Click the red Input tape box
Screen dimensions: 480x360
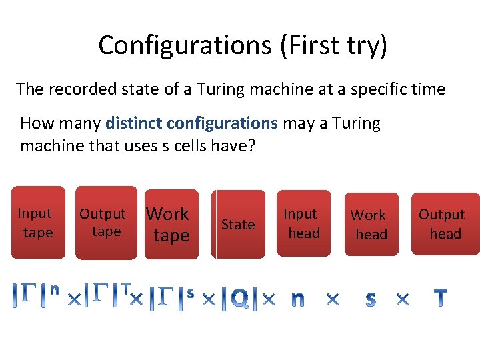tap(37, 223)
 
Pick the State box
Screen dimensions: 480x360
tap(239, 225)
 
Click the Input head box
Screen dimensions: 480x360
tap(303, 223)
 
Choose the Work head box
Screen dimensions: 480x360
tap(371, 225)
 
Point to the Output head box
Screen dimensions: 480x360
tap(444, 224)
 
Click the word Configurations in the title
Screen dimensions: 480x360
tap(181, 45)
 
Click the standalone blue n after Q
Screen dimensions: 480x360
tap(298, 300)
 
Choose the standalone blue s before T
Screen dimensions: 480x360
tap(371, 300)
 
